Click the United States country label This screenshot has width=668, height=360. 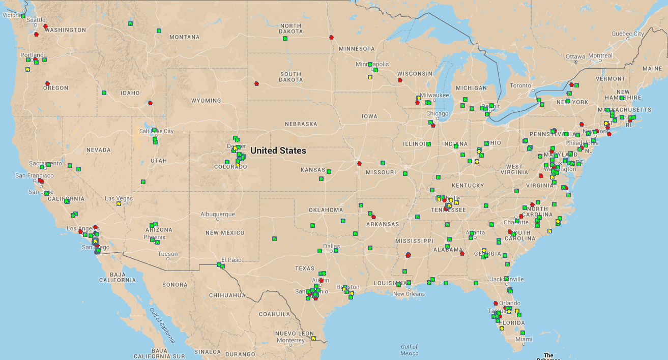[x=278, y=151]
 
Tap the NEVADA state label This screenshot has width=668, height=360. [x=98, y=150]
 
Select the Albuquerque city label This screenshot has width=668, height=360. [x=218, y=214]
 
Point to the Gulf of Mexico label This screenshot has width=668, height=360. [x=409, y=350]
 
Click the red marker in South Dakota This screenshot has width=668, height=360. [x=256, y=83]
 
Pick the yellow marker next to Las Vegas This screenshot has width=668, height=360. [x=119, y=203]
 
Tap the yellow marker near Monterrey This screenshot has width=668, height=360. [x=314, y=338]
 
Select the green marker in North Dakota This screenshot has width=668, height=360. [x=285, y=38]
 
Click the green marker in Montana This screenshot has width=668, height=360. [x=159, y=31]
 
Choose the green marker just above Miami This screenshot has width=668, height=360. [x=523, y=333]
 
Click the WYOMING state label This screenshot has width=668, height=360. [x=206, y=101]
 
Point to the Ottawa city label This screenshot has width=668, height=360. [x=575, y=56]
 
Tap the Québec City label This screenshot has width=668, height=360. [x=627, y=34]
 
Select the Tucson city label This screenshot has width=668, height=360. [x=168, y=254]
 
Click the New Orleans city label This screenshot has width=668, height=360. [x=409, y=294]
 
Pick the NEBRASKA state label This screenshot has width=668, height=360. [x=301, y=124]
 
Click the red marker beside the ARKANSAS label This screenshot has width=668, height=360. [x=373, y=217]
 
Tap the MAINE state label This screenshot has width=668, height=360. [x=652, y=68]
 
